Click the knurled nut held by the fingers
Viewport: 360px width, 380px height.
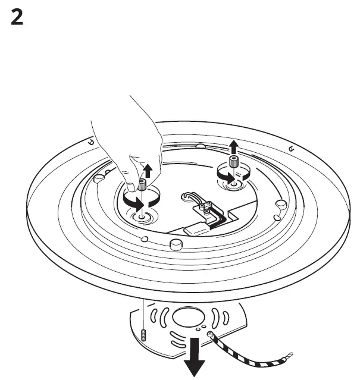click(x=143, y=184)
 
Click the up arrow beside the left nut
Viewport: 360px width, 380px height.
click(x=148, y=172)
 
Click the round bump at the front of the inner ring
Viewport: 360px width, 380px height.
click(x=175, y=244)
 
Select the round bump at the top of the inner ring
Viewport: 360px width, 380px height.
click(x=201, y=146)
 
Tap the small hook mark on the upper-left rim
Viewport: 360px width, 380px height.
click(x=90, y=142)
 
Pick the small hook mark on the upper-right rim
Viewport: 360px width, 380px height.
click(x=291, y=148)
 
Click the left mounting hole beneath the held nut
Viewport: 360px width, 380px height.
click(x=142, y=218)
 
